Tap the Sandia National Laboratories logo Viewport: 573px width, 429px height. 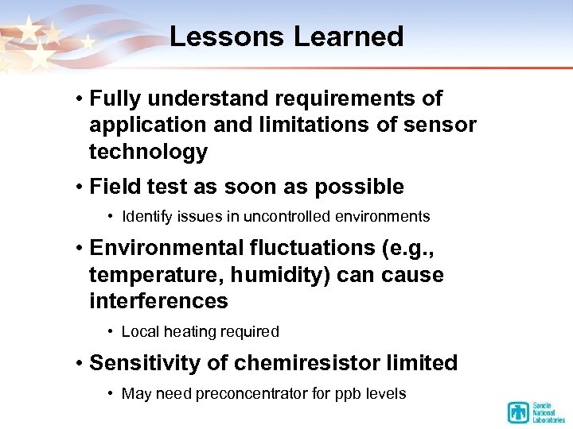point(535,412)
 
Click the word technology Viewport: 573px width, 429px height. point(148,152)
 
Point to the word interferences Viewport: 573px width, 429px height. point(158,302)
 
